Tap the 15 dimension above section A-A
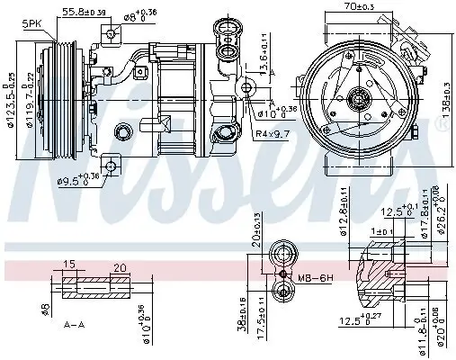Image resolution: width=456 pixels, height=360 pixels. click(x=68, y=264)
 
